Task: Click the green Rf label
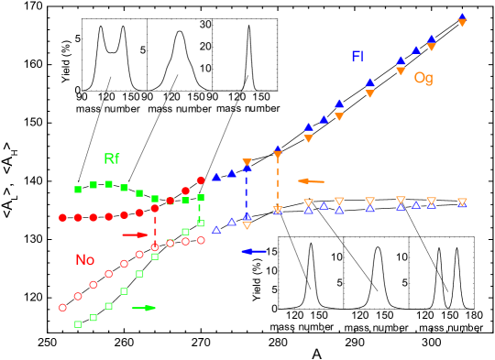coord(111,158)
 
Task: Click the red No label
coord(84,259)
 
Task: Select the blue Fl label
coord(357,56)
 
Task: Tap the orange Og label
coord(423,78)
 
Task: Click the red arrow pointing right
coord(135,235)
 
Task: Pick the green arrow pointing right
coord(143,308)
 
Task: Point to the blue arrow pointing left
coord(254,251)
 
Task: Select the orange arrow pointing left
coord(311,180)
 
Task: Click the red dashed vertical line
coord(155,229)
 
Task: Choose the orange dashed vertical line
coord(278,183)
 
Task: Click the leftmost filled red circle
coord(62,217)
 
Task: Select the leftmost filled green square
coord(78,190)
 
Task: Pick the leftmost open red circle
coord(62,308)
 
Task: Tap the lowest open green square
coord(78,324)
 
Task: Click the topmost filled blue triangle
coord(462,16)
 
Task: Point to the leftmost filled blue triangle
coord(216,177)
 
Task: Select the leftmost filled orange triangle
coord(247,163)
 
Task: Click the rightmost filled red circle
coord(201,180)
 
